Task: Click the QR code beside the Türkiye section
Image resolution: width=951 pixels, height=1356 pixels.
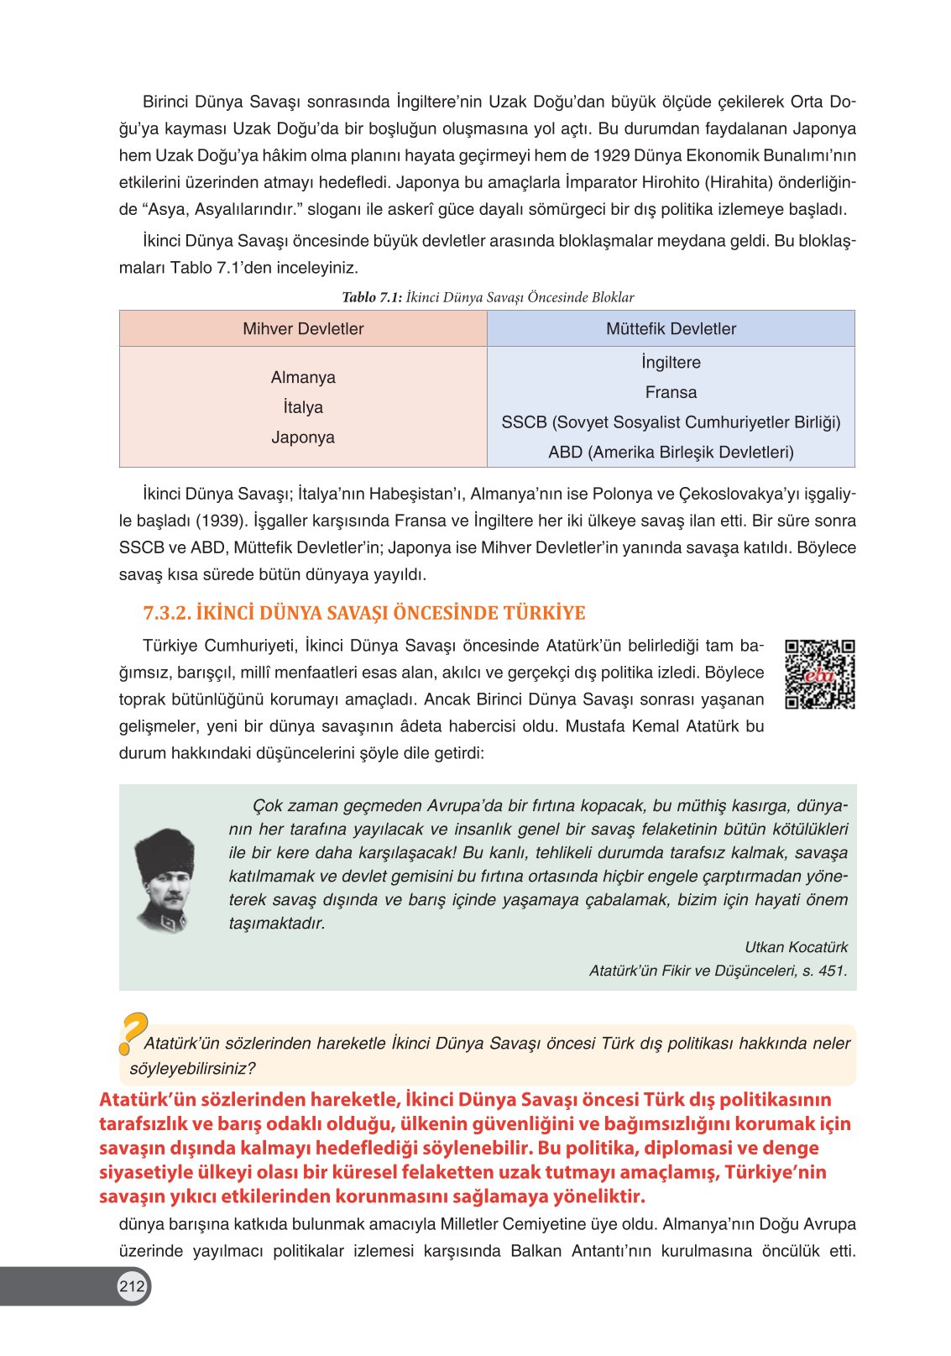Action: (819, 674)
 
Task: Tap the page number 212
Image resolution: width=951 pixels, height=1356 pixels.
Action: (132, 1285)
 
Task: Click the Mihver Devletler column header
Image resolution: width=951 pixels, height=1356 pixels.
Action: (303, 329)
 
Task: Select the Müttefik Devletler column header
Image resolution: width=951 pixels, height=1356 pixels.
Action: (671, 329)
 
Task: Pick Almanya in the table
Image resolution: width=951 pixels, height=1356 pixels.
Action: (303, 378)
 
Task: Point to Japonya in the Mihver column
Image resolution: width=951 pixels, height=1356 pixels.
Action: (303, 437)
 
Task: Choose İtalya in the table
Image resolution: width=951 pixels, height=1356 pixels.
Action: (303, 408)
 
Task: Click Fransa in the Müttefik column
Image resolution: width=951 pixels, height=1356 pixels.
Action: (671, 392)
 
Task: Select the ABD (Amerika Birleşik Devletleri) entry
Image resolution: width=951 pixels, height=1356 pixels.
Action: (671, 453)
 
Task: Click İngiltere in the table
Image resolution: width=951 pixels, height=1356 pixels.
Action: (671, 363)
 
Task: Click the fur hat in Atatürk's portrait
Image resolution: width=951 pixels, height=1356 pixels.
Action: (165, 851)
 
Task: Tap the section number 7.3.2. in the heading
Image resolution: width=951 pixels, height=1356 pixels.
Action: (167, 613)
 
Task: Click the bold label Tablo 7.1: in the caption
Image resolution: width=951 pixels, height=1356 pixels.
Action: (372, 297)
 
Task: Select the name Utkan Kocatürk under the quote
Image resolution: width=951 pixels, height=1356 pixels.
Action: (796, 947)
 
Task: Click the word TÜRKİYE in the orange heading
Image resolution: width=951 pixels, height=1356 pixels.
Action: (544, 613)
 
